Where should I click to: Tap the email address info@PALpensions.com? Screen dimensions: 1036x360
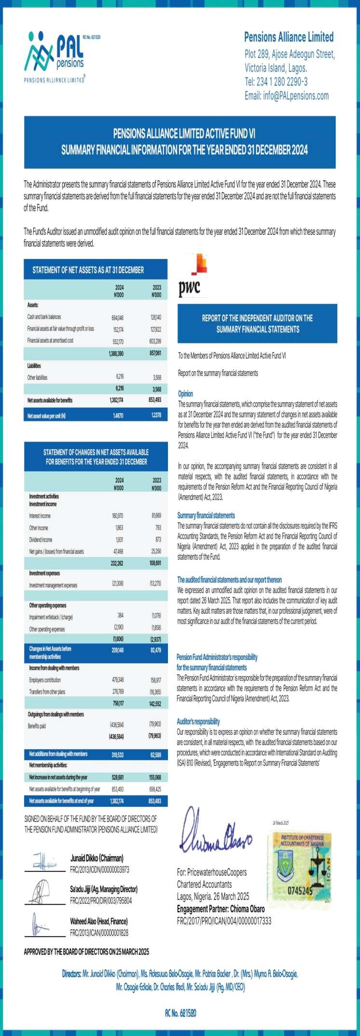(287, 96)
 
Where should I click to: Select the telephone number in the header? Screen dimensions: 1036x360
(276, 82)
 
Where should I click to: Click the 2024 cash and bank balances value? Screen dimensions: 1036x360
(117, 318)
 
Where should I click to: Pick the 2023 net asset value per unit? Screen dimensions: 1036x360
(156, 415)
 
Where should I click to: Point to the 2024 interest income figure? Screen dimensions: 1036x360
(117, 516)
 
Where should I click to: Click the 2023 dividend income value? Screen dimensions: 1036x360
(156, 539)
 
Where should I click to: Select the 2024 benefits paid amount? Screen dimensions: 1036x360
(117, 725)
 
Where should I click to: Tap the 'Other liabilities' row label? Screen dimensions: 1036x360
(38, 377)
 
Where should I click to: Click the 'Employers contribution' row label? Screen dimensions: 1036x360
(45, 680)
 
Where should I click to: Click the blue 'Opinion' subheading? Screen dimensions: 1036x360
(185, 393)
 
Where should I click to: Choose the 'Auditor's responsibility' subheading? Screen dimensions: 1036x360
(198, 721)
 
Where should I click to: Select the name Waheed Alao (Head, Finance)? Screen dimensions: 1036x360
(98, 921)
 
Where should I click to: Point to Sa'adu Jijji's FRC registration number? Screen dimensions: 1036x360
(100, 900)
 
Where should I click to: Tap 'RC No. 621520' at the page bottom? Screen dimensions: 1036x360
(180, 1014)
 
